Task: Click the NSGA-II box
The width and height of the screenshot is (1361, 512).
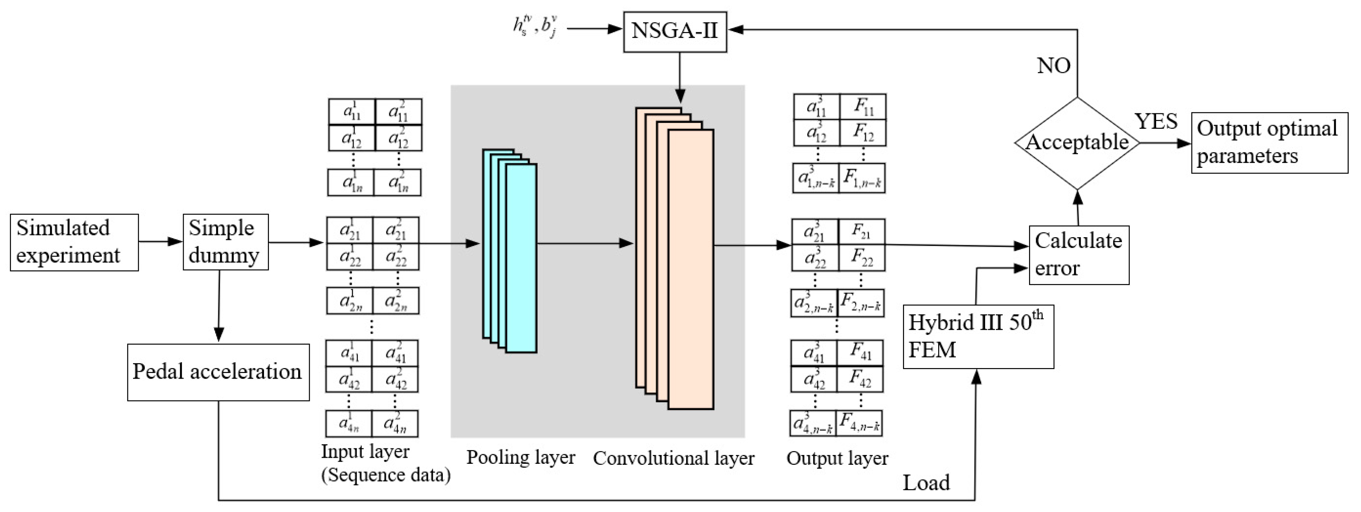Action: point(675,31)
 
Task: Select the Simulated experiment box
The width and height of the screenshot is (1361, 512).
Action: point(74,242)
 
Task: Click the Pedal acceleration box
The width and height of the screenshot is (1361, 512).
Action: point(218,372)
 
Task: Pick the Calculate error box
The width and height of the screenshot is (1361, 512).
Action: point(1078,255)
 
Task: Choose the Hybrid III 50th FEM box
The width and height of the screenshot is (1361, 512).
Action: point(978,336)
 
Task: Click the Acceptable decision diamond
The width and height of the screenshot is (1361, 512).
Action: point(1077,143)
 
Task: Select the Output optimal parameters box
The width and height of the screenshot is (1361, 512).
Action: point(1269,143)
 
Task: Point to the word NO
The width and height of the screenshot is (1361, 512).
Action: point(1054,66)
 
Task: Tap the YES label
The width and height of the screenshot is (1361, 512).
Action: point(1156,121)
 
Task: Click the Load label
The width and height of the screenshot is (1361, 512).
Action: point(926,482)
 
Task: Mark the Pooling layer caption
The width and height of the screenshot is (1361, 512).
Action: point(520,457)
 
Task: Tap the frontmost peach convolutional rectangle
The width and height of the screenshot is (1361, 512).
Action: point(691,270)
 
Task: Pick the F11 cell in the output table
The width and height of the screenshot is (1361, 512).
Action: point(863,107)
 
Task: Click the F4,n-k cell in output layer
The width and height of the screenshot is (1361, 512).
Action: point(860,424)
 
